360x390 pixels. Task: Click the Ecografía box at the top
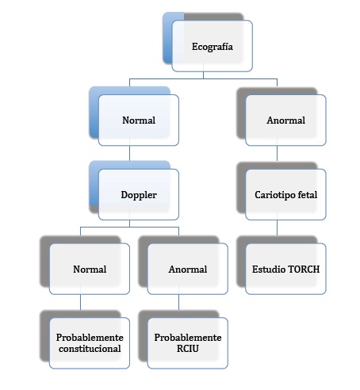coord(212,46)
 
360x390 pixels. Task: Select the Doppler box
coord(139,194)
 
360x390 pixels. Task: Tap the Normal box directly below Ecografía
coord(139,120)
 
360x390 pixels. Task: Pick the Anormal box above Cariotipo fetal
coord(285,120)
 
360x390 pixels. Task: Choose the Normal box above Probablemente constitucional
coord(90,269)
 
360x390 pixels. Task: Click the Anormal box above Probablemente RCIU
coord(188,269)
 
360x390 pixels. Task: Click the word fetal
coord(308,195)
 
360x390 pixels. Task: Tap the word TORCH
coord(303,270)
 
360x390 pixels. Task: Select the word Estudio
coord(268,270)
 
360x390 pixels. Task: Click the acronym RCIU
coord(188,349)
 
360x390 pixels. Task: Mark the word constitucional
coord(90,349)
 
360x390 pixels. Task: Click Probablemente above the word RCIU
coord(188,338)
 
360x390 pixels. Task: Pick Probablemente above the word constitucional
coord(90,338)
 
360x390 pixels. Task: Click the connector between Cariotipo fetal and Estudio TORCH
coord(277,227)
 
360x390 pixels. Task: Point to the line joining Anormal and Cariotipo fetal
coord(277,153)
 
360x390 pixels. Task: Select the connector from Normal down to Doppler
coord(129,153)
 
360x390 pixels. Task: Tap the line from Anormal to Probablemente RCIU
coord(178,302)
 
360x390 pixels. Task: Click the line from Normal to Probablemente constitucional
coord(80,302)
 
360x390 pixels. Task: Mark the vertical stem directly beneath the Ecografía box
coord(203,75)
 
